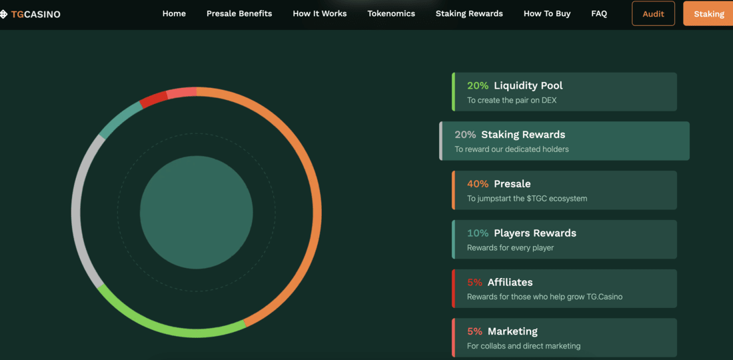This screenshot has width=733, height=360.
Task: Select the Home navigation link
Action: [x=174, y=13]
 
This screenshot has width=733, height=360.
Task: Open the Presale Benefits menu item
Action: [x=239, y=13]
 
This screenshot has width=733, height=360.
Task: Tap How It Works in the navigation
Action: [x=320, y=13]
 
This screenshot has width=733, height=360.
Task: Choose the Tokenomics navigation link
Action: [x=391, y=13]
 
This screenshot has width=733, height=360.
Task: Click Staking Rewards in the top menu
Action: [x=469, y=13]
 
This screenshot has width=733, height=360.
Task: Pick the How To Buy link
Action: [x=547, y=13]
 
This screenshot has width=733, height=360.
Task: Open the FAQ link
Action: [x=599, y=13]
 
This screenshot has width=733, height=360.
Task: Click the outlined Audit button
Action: [x=653, y=13]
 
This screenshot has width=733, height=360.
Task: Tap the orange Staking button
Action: [x=708, y=13]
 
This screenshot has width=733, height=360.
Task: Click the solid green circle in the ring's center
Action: [x=197, y=213]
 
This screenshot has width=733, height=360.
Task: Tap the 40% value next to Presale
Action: [x=478, y=184]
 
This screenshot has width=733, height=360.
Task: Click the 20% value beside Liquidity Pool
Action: [x=478, y=85]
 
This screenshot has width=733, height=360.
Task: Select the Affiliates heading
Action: [x=510, y=282]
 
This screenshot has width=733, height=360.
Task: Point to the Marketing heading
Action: [x=512, y=331]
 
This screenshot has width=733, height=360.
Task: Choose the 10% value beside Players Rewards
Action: [x=478, y=233]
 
